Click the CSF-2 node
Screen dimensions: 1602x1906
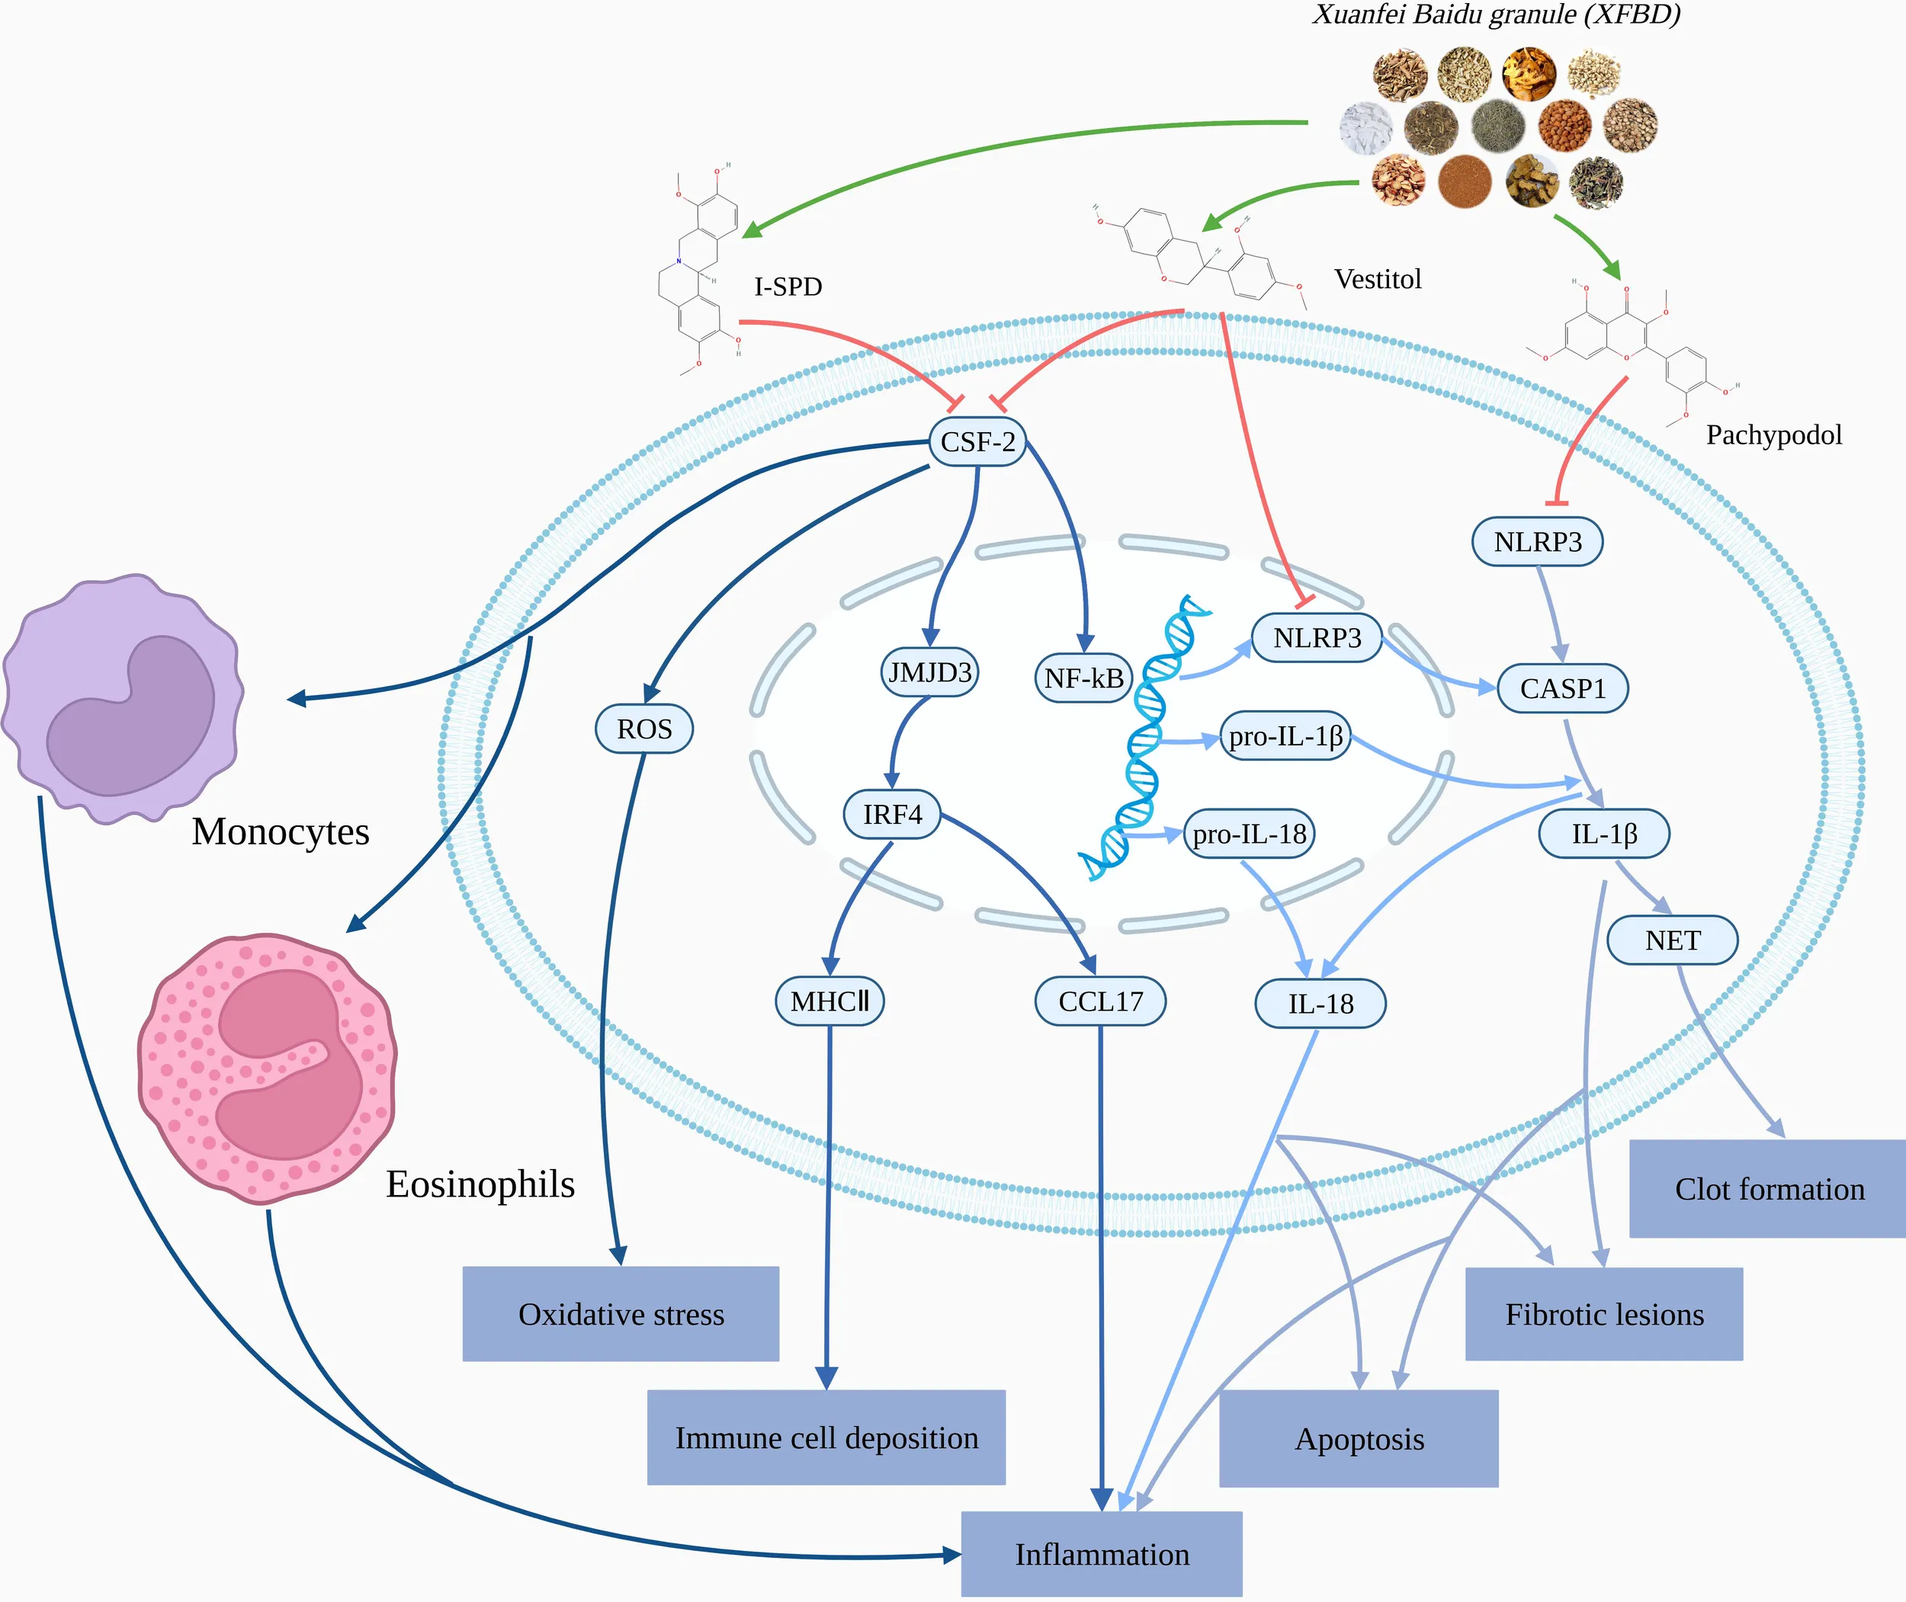977,442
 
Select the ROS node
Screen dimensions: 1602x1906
644,729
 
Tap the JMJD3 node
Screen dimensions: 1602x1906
929,673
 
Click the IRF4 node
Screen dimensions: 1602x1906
892,815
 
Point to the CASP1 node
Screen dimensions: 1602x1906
1563,688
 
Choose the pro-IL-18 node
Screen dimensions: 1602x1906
1249,834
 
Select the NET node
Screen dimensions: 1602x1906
1673,940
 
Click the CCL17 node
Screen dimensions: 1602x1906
1100,1001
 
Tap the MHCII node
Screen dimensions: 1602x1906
829,1001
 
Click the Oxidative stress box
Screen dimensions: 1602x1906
621,1314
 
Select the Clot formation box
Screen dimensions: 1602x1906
1769,1189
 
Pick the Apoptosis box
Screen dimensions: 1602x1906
1359,1439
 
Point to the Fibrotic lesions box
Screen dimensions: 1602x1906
1604,1314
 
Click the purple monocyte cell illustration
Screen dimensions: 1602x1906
123,700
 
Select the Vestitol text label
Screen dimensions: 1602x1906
1377,279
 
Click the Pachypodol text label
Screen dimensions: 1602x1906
1773,435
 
